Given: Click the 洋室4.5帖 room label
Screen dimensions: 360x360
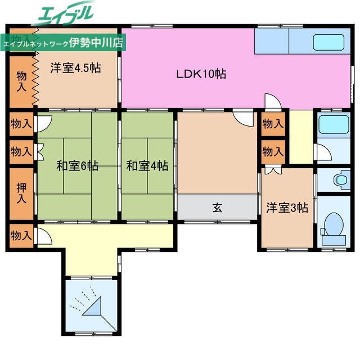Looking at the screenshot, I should point(75,68).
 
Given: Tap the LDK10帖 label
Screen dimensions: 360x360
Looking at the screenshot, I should point(201,74).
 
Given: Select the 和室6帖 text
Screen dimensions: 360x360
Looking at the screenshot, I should point(77,166).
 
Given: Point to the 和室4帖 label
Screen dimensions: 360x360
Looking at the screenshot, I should point(147,166).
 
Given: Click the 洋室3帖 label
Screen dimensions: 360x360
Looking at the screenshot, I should point(287,208).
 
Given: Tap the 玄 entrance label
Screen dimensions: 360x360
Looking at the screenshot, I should point(217,208).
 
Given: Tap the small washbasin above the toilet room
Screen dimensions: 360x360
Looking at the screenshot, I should point(341,181).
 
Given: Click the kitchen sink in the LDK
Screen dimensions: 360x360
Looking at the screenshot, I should point(328,43).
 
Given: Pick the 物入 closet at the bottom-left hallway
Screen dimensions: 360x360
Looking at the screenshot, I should point(21,235).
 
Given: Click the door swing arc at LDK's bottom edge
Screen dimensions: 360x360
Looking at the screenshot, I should point(272,102).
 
